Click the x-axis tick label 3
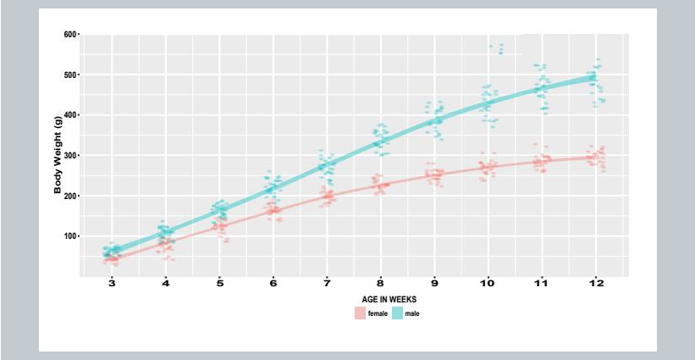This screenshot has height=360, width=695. pos(113,283)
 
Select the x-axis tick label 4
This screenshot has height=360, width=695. pos(167,283)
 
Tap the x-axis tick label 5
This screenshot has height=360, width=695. pos(220,283)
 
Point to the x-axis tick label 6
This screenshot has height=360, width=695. pos(273,283)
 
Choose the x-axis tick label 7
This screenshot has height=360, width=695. pos(327,283)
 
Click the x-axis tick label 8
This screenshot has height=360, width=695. pos(380,283)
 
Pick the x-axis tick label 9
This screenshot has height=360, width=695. pos(433,283)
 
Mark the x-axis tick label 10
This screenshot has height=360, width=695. pos(487,283)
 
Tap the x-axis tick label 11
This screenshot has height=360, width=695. pos(541,283)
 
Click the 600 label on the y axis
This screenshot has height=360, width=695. pos(69,35)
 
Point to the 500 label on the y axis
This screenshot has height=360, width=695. pos(69,75)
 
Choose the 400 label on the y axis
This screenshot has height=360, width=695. pos(69,115)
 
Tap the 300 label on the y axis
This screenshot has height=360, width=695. pos(69,156)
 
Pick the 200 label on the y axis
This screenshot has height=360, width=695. pos(69,196)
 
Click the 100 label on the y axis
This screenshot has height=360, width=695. pos(69,236)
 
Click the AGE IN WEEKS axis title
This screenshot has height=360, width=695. pos(389,299)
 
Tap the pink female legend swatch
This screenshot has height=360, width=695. pos(360,313)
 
